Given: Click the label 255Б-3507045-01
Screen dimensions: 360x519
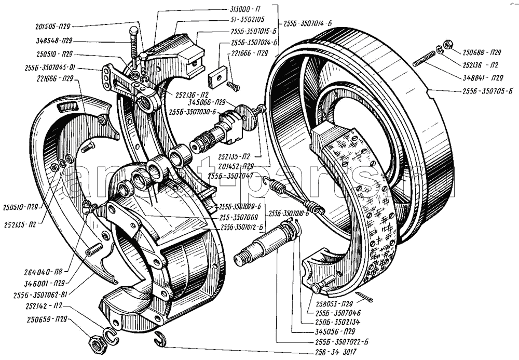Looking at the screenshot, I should click(50, 66).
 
